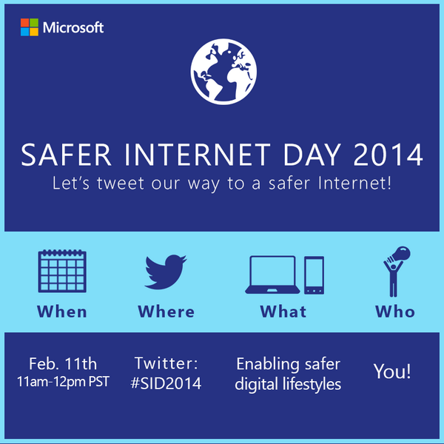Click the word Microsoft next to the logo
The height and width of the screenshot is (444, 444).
click(x=73, y=28)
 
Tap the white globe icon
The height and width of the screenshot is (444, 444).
click(x=221, y=73)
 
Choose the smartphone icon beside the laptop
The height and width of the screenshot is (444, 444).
click(x=314, y=275)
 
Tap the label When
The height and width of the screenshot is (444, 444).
click(x=62, y=312)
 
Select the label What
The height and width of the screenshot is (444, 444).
click(x=283, y=312)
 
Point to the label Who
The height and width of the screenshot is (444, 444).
click(x=394, y=312)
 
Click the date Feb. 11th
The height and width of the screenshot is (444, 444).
click(x=63, y=364)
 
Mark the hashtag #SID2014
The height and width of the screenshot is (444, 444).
click(x=166, y=383)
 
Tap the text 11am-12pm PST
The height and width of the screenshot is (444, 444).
click(x=64, y=383)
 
